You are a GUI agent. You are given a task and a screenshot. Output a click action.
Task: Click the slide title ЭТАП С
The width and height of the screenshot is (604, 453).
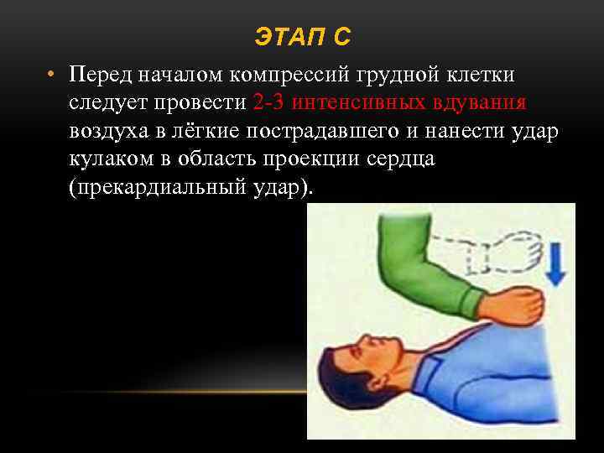click(x=303, y=38)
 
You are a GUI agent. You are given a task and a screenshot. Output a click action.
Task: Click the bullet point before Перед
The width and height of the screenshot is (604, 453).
click(x=51, y=75)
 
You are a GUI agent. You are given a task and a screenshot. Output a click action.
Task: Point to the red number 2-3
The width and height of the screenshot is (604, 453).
click(x=268, y=103)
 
